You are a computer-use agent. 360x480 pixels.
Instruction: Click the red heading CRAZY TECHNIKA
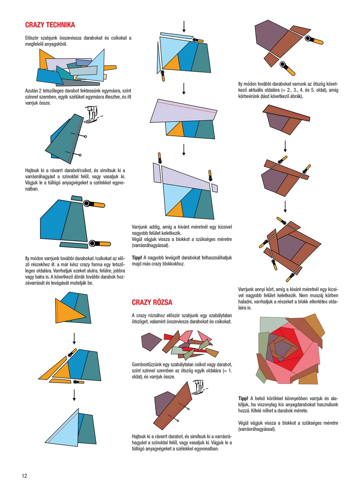coord(50,25)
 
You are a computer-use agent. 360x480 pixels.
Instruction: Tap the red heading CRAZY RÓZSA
coord(152,302)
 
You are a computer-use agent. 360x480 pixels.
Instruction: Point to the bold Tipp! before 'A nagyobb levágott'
coord(137,257)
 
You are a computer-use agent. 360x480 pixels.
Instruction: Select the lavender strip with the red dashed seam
coord(184,111)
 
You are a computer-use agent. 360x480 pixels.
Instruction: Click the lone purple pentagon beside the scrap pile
coord(151,341)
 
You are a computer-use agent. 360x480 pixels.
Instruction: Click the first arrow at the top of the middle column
coord(184,27)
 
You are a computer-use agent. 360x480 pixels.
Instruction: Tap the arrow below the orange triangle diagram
coord(74,339)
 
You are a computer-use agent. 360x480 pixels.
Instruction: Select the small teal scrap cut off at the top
coord(77,198)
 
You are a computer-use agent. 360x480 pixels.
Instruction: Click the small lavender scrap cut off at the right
coord(214,188)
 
